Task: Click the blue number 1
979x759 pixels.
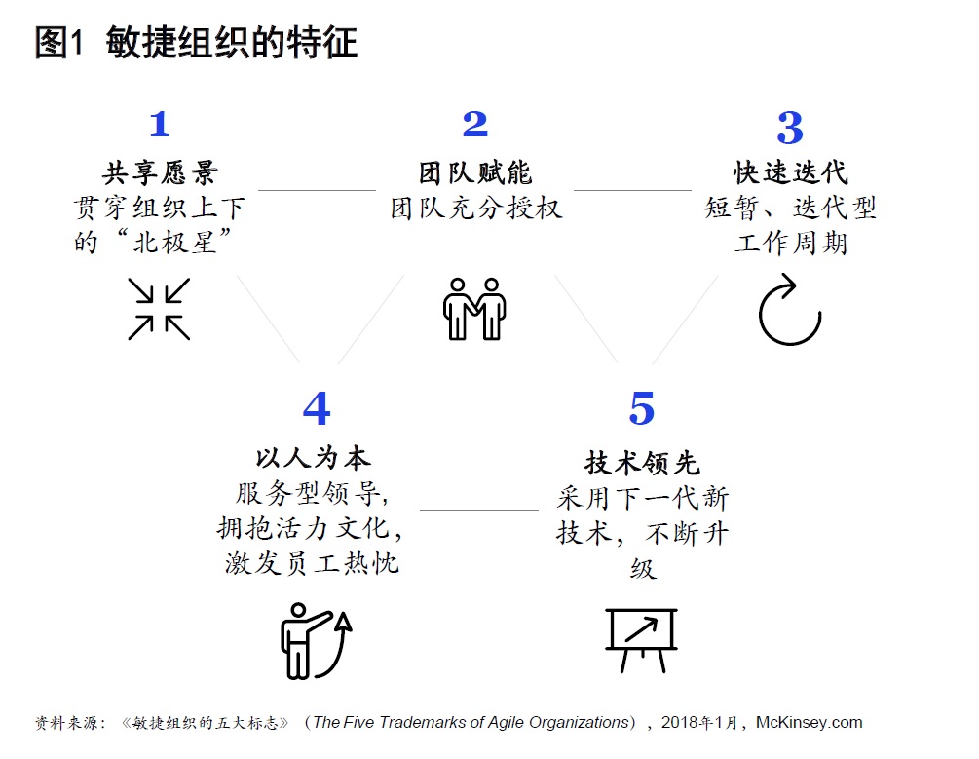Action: coord(160,125)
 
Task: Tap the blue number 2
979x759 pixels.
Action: coord(475,124)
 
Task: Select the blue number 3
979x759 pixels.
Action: coord(790,128)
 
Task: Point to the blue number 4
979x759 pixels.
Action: coord(317,408)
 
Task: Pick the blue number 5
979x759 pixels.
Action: coord(642,408)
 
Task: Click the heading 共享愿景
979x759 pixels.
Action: coord(161,173)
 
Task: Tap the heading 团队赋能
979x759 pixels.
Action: coord(475,173)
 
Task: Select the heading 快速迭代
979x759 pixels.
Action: coord(790,173)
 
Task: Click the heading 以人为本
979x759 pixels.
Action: coord(314,458)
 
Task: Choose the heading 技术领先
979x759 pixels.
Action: coord(642,463)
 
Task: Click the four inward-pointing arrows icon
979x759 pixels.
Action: coord(159,309)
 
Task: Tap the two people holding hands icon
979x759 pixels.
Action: coord(474,309)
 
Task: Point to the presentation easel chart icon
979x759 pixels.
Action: coord(641,640)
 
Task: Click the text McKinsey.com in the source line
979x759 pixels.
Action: coord(810,723)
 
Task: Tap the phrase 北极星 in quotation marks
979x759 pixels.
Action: coord(174,243)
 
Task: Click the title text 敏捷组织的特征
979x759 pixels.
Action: coord(232,43)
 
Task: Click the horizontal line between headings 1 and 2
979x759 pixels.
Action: coord(318,190)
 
